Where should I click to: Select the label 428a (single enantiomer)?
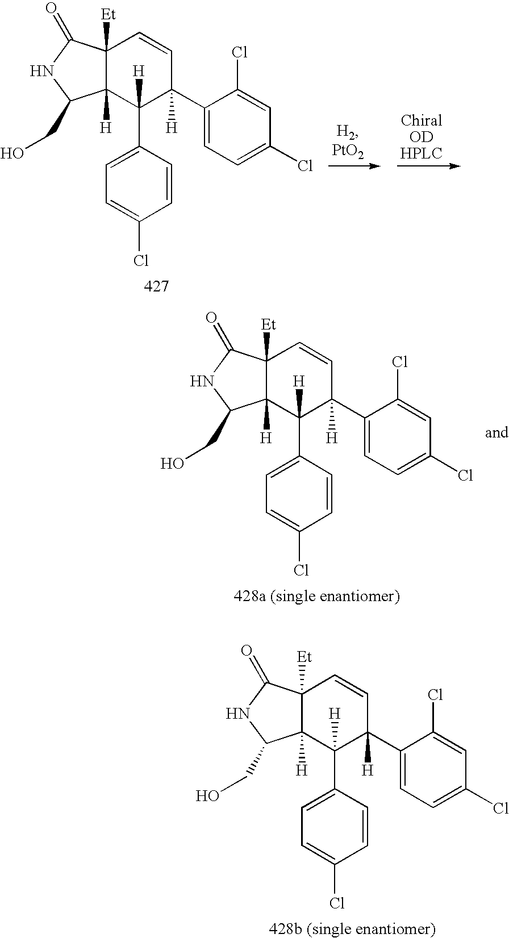(317, 597)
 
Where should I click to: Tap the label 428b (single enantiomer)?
(352, 929)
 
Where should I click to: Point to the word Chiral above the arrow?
(421, 120)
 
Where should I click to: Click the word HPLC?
(421, 152)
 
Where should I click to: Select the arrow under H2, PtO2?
(353, 166)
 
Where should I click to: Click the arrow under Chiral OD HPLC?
(427, 166)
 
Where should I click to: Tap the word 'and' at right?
(496, 433)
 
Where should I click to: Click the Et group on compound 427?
(108, 15)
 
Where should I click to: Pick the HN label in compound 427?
(41, 71)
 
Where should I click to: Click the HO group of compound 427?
(12, 153)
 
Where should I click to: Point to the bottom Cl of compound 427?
(140, 261)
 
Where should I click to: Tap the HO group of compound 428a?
(172, 464)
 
